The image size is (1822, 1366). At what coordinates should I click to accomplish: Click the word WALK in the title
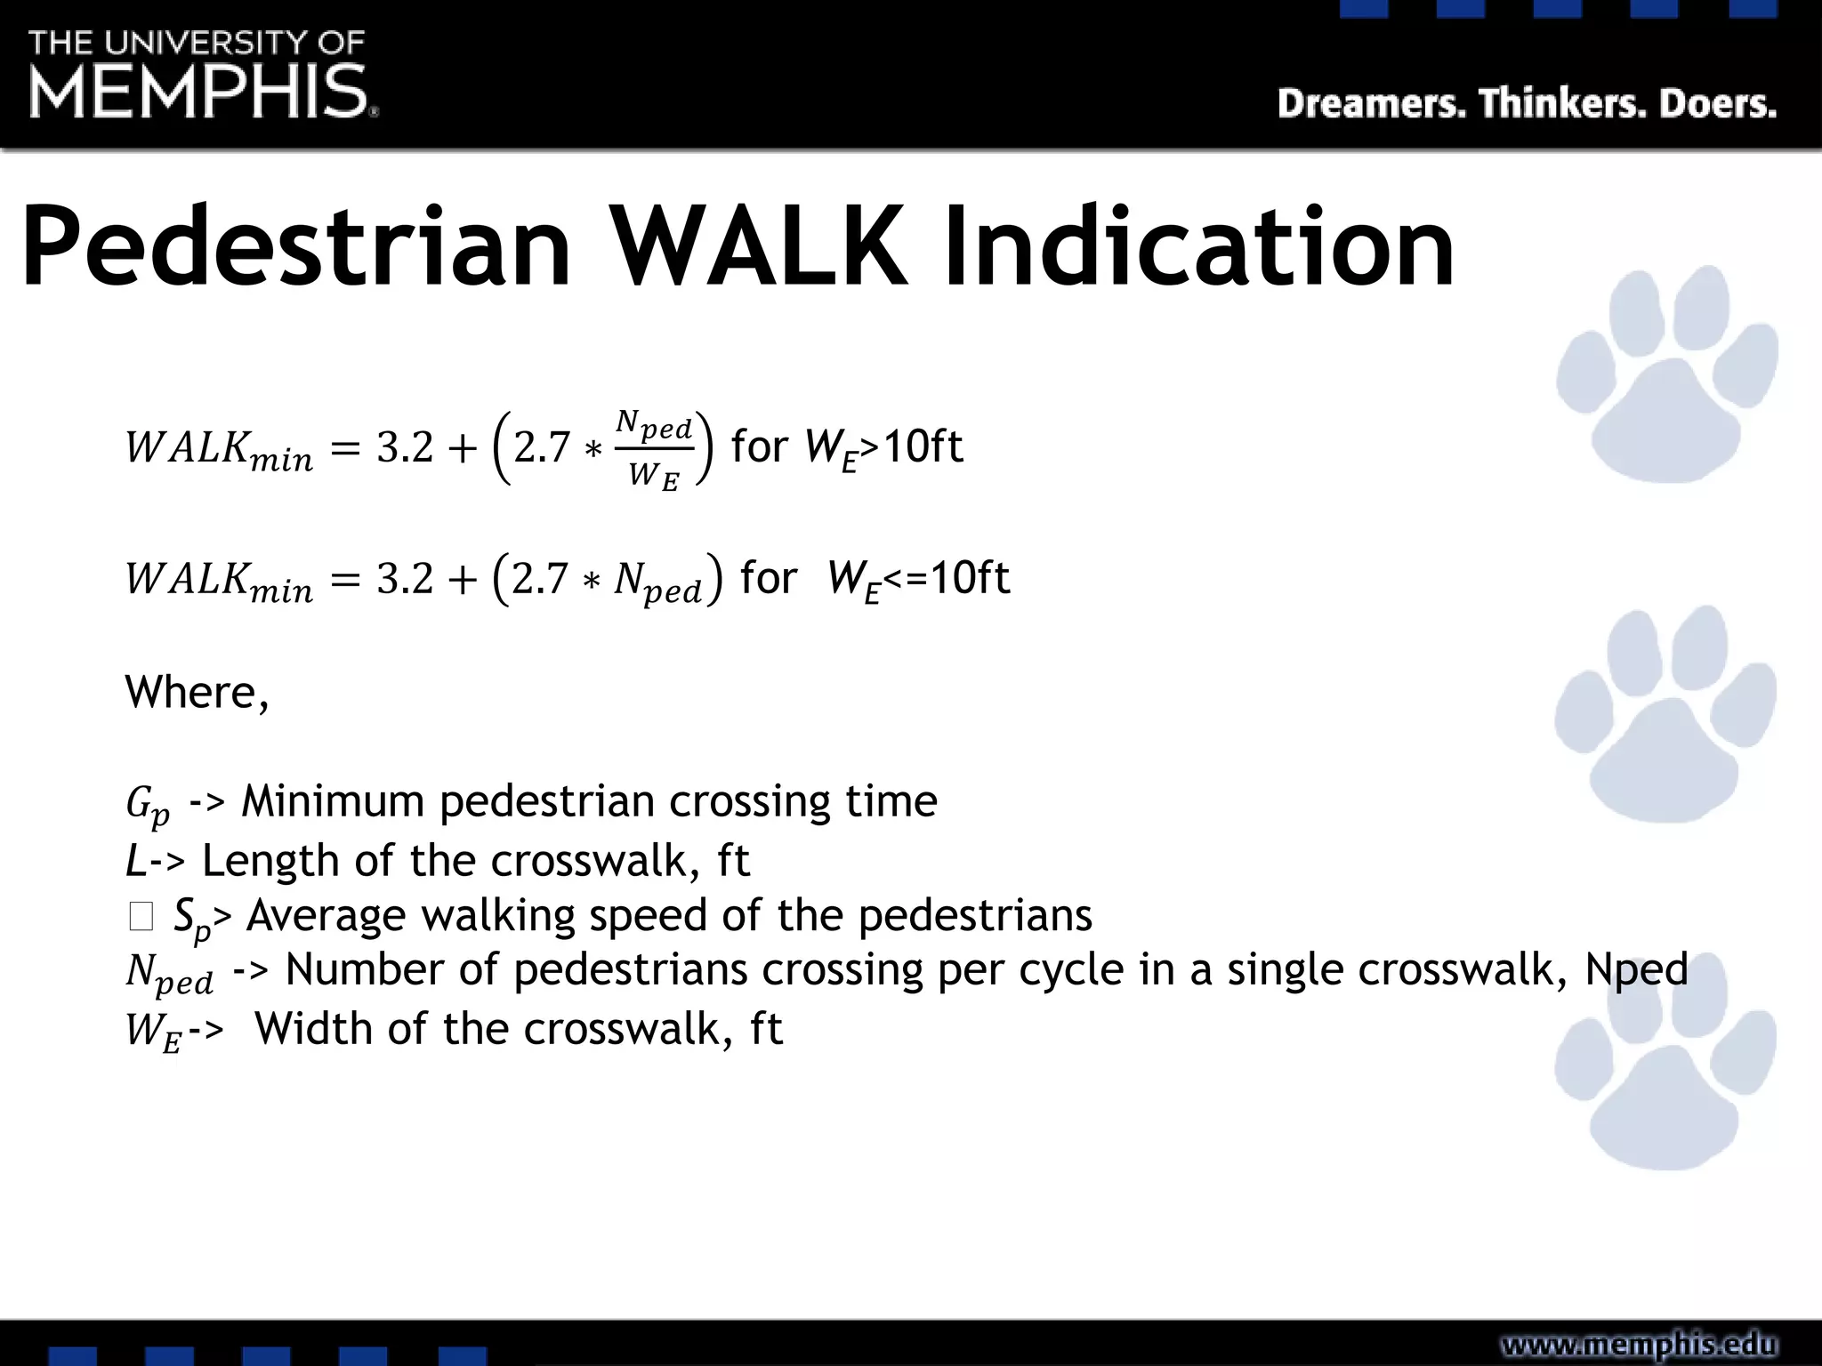pos(760,246)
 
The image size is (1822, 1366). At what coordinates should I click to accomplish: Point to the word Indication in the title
pos(1197,246)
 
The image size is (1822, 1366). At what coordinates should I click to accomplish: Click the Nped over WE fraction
pos(654,449)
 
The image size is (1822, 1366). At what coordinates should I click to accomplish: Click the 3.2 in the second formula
pos(405,579)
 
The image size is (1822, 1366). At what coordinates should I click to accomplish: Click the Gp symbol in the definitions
pos(148,804)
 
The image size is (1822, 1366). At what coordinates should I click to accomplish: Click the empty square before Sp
pos(141,916)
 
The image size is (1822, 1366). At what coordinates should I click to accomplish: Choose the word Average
pos(326,916)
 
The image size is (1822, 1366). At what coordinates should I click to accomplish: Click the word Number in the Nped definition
pos(363,969)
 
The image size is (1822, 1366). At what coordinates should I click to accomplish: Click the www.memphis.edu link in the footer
pos(1639,1345)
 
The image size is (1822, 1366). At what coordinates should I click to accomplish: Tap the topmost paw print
pos(1665,378)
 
